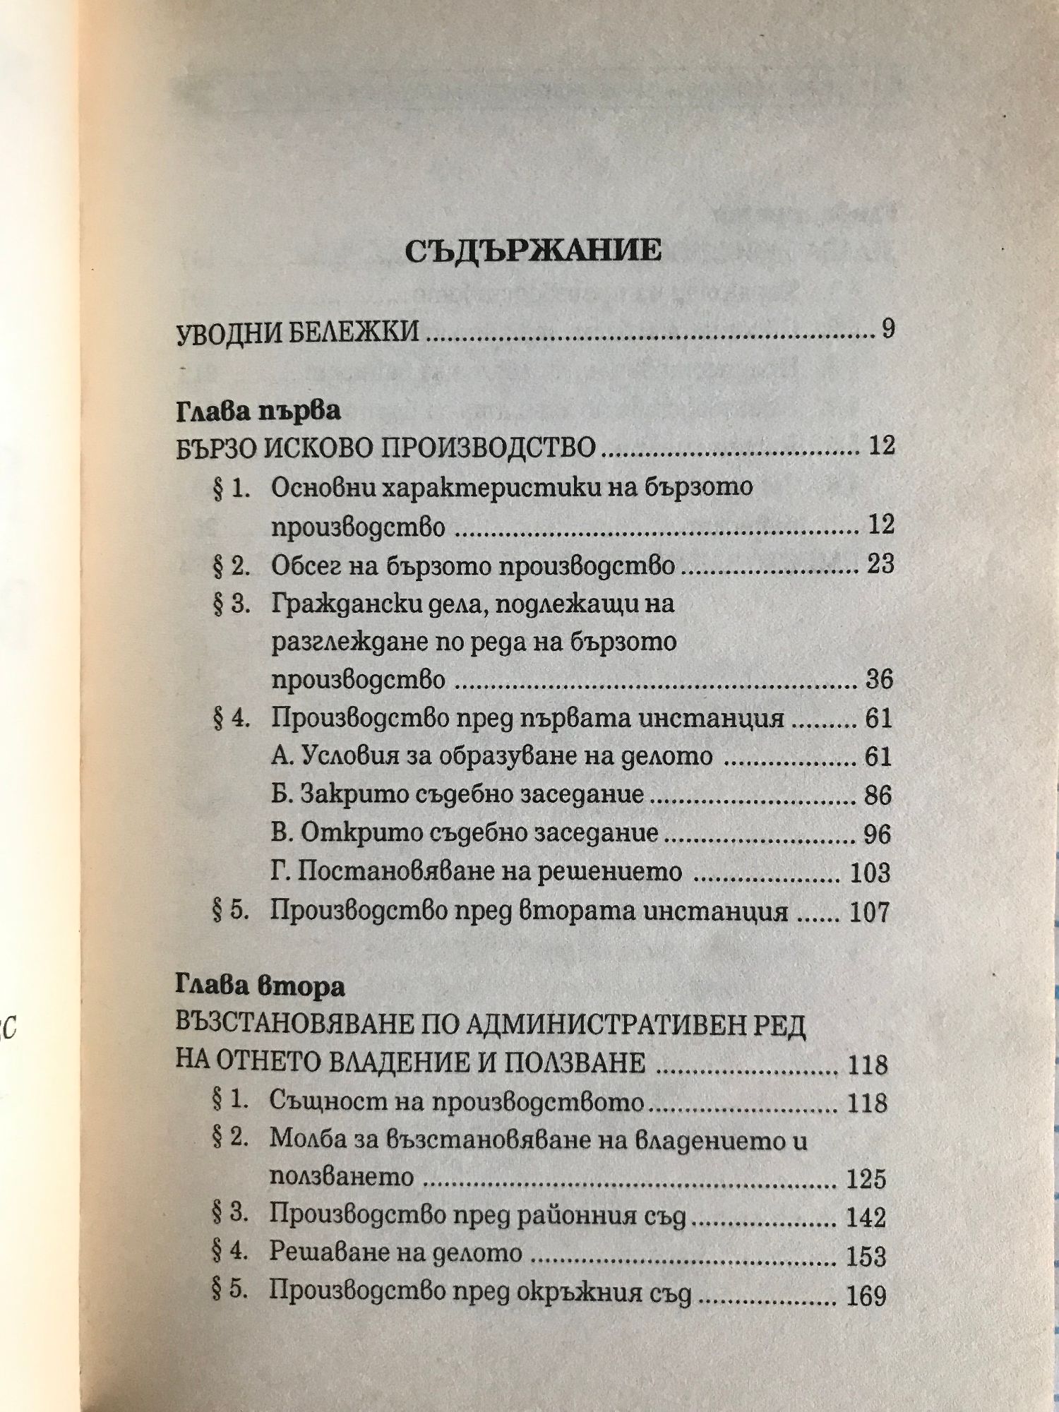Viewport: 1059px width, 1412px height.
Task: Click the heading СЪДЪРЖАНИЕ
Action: coord(533,251)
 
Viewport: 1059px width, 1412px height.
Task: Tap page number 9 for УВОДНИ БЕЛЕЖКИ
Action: coord(887,329)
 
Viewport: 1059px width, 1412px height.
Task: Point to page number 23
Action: coord(879,564)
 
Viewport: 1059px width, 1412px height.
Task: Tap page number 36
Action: coord(879,680)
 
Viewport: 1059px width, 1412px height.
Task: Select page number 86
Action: coord(878,796)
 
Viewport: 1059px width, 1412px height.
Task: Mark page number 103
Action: coord(870,873)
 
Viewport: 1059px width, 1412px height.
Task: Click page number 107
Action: coord(870,912)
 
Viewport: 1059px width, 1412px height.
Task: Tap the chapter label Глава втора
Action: coord(260,986)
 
